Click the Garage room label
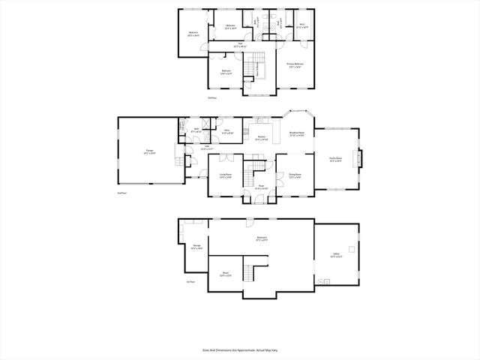[148, 153]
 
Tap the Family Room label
[335, 160]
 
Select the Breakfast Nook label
[297, 135]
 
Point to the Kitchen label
[262, 138]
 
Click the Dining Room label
[295, 176]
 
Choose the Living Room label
[225, 176]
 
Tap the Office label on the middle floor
[226, 131]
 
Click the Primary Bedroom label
[295, 65]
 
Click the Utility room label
[335, 256]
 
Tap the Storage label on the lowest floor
[196, 247]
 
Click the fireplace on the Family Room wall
[360, 160]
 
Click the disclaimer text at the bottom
[239, 349]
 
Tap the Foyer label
[261, 187]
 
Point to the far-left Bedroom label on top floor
[193, 34]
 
